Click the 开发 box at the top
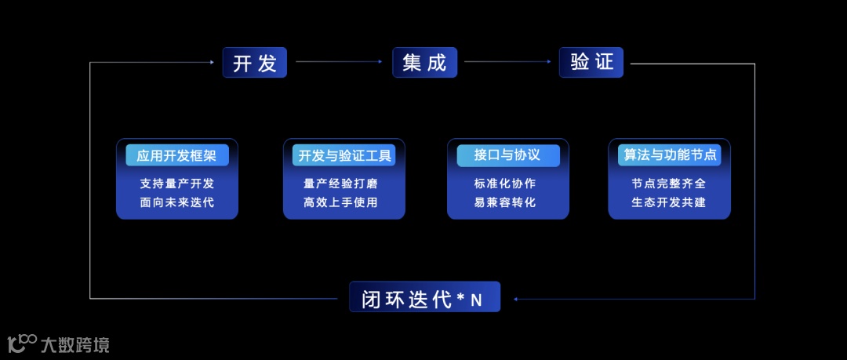[x=255, y=63]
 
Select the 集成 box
[x=424, y=63]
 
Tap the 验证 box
[x=591, y=63]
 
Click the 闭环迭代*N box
[x=424, y=298]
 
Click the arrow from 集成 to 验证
[x=508, y=62]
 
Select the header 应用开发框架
[x=177, y=155]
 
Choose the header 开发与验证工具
[x=344, y=155]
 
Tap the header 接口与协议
[x=507, y=155]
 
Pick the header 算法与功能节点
[x=670, y=155]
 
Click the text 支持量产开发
[x=177, y=184]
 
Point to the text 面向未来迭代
[x=177, y=202]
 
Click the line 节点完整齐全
[x=668, y=184]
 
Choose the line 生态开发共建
[x=668, y=202]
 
